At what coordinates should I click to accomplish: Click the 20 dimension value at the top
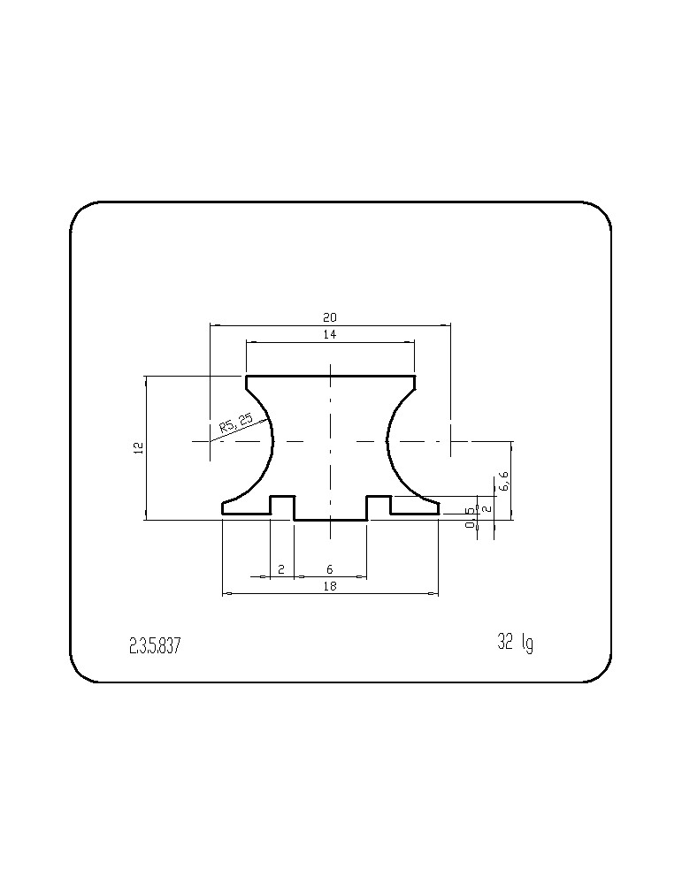coord(330,317)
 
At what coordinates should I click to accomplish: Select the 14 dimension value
coord(330,334)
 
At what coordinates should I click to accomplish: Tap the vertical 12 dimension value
coord(139,448)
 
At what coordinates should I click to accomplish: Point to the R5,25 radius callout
coord(236,423)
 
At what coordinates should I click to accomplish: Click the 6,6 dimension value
coord(503,481)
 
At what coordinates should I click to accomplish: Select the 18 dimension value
coord(330,586)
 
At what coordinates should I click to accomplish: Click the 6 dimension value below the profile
coord(330,570)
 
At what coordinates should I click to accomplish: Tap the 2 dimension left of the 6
coord(281,570)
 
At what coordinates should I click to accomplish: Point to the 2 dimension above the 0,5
coord(487,508)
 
